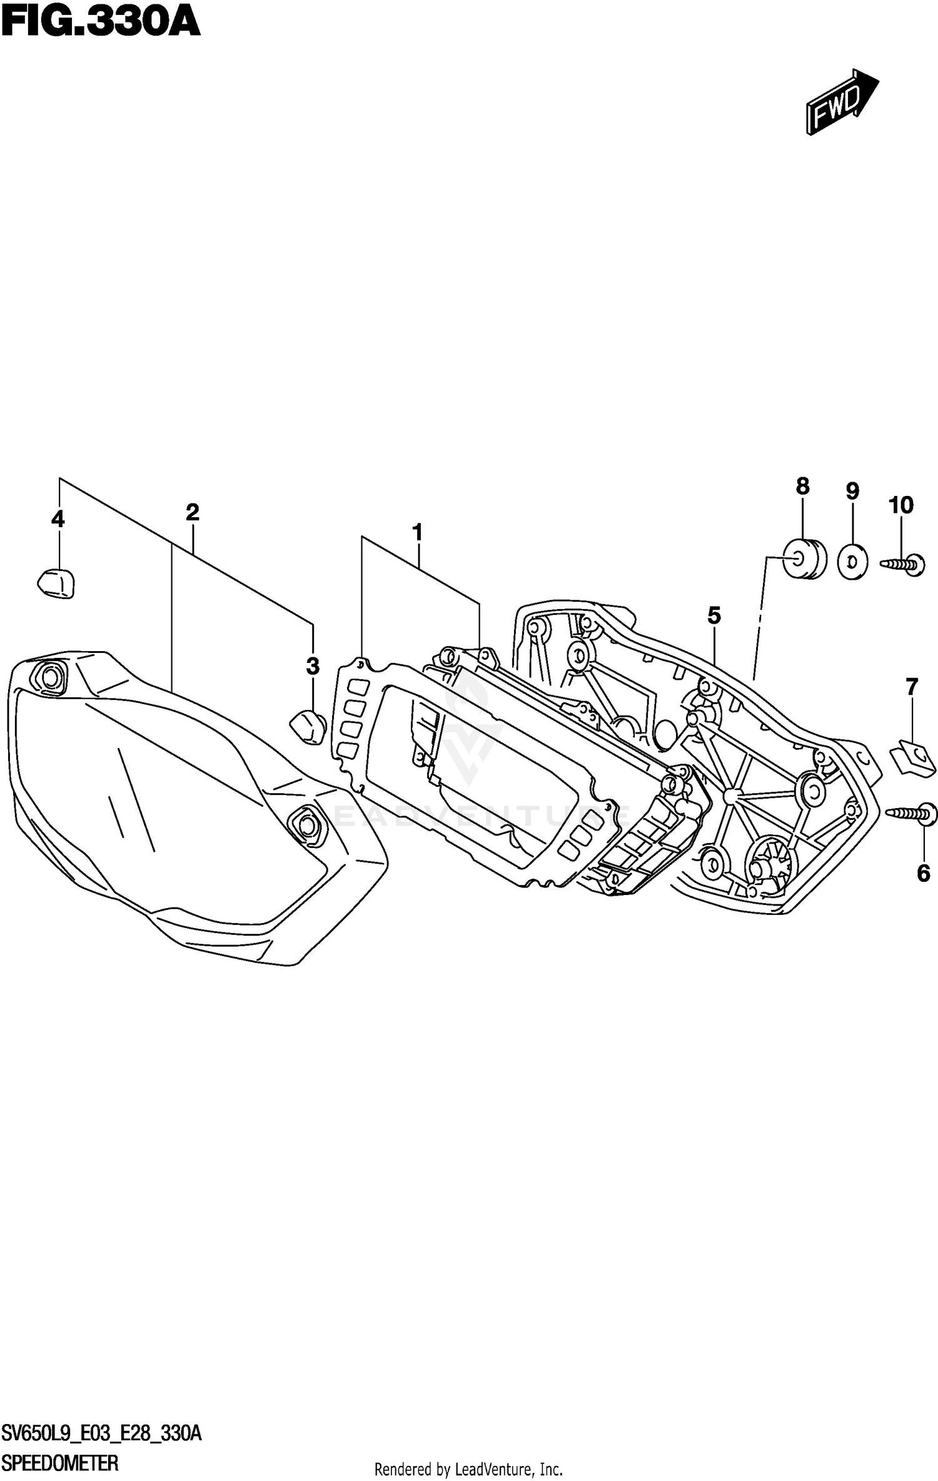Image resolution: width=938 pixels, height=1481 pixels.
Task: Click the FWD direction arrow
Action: click(x=842, y=101)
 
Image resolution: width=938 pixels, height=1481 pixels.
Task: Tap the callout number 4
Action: click(x=58, y=519)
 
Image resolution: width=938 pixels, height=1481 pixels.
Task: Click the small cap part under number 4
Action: click(x=57, y=583)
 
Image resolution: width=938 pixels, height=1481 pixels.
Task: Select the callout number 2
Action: click(x=192, y=513)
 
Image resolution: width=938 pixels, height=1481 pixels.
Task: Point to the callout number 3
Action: click(x=313, y=667)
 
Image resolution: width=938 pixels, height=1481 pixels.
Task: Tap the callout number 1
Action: click(x=417, y=533)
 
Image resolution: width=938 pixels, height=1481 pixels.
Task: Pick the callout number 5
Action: click(x=714, y=616)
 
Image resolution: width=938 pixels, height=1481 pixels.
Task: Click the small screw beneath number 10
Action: click(x=904, y=564)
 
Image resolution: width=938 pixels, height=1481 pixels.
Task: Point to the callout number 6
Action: click(x=924, y=872)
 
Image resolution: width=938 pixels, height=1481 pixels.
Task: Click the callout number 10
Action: click(x=901, y=505)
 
